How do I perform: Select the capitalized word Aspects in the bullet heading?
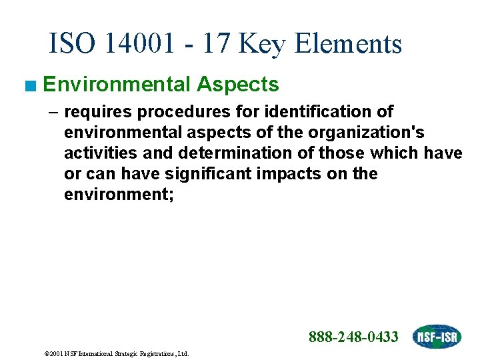coord(237,85)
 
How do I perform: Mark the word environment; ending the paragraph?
coord(119,194)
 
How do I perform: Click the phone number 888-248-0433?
coord(353,337)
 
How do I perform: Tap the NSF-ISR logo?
coord(436,337)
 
